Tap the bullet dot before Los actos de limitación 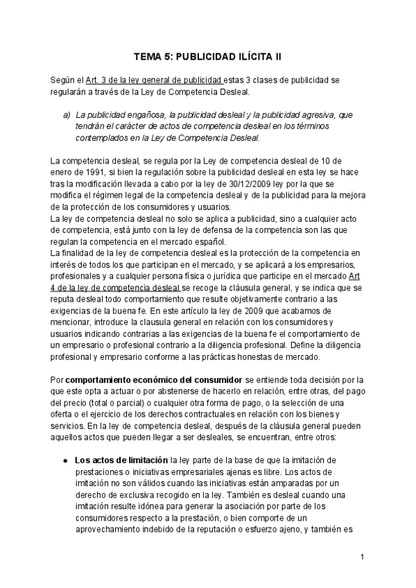pyautogui.click(x=64, y=460)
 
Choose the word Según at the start pyautogui.click(x=63, y=80)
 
